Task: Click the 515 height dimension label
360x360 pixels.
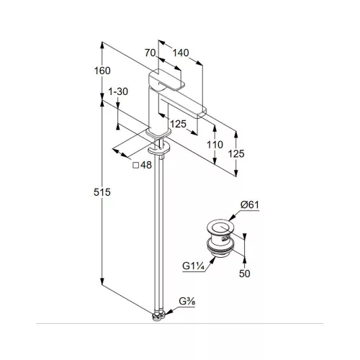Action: pyautogui.click(x=102, y=192)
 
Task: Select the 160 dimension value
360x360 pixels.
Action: pyautogui.click(x=102, y=71)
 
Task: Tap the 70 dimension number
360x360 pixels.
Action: pyautogui.click(x=150, y=53)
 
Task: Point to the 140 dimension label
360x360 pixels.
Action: pyautogui.click(x=181, y=53)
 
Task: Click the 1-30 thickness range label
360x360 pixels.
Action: pyautogui.click(x=118, y=91)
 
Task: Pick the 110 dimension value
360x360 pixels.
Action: pyautogui.click(x=215, y=145)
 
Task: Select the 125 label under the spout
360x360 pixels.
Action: pyautogui.click(x=178, y=124)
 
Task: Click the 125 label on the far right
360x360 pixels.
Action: pyautogui.click(x=236, y=153)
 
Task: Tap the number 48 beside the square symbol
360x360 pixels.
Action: pyautogui.click(x=146, y=165)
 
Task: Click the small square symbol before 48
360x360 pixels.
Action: pyautogui.click(x=136, y=165)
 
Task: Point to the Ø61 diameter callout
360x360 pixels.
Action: pyautogui.click(x=250, y=205)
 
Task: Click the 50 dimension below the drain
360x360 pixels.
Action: pyautogui.click(x=244, y=274)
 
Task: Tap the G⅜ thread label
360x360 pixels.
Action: pyautogui.click(x=187, y=302)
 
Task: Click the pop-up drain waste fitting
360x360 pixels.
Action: pyautogui.click(x=220, y=238)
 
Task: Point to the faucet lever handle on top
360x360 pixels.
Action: pyautogui.click(x=168, y=81)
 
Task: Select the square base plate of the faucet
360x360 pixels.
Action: pyautogui.click(x=158, y=132)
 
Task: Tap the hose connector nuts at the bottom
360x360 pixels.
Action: pyautogui.click(x=159, y=316)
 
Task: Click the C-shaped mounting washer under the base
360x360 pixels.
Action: pyautogui.click(x=158, y=149)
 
